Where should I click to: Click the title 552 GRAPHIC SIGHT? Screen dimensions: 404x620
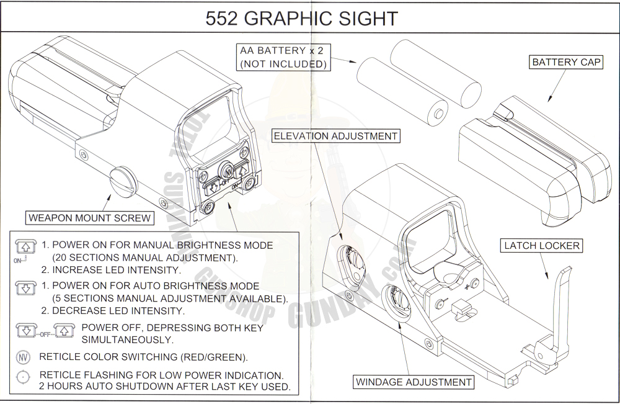(301, 18)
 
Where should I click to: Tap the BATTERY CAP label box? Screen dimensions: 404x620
(566, 62)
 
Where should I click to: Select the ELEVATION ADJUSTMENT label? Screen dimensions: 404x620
(335, 136)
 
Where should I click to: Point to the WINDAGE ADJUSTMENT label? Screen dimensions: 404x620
(414, 382)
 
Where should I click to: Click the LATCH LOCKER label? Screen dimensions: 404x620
(541, 246)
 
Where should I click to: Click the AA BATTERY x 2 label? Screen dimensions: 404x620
(281, 57)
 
